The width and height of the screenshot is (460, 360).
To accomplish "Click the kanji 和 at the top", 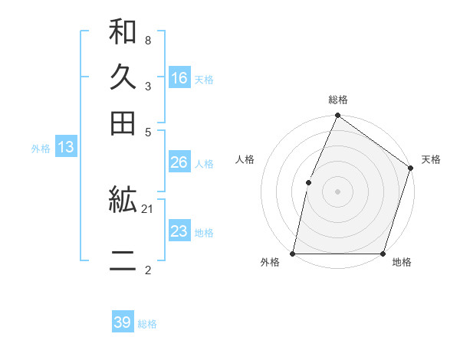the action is pos(123,32).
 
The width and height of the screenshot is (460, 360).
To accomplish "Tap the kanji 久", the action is pos(123,77).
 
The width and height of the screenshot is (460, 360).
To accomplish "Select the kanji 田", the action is pos(123,123).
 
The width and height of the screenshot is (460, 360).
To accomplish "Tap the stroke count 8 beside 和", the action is pos(148,39).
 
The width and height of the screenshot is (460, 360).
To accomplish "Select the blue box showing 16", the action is pos(179,78).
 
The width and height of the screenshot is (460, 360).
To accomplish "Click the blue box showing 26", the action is pos(179,162).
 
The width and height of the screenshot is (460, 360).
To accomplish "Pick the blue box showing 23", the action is pos(179,231).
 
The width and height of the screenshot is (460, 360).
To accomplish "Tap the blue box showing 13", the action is pos(66,147).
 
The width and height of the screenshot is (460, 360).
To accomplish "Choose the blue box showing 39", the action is pos(123,322).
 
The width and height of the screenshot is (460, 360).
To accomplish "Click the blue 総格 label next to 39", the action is pos(147,324).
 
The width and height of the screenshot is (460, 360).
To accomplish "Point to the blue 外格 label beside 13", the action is pos(41,149).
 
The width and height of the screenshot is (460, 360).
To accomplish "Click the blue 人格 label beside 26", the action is pos(204,164).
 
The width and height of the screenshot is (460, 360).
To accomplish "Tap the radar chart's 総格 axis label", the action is pos(337,100).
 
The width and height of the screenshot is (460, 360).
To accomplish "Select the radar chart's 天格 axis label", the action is pos(431,160).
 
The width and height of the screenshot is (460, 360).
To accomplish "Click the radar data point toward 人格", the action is pos(308,182).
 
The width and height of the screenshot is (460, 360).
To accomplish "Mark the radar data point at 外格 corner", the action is pos(293,254).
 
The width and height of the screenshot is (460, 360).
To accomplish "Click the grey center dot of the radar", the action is pos(337,191).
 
